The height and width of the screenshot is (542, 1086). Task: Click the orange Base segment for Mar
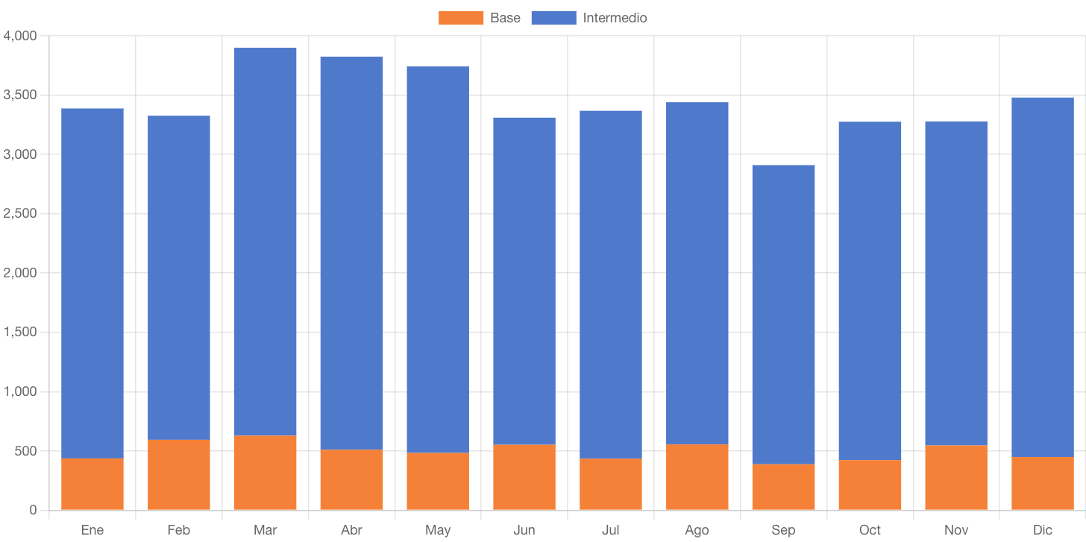tap(265, 473)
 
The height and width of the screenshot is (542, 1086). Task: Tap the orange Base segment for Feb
tap(179, 475)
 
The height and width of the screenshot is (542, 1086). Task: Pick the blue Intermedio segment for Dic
tap(1043, 277)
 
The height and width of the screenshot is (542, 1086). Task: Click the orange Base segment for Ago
tap(697, 477)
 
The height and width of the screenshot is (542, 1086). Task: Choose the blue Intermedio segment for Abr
tap(351, 253)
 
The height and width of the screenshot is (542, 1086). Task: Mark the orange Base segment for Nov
tap(956, 478)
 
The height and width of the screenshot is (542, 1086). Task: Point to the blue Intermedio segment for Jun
tap(524, 281)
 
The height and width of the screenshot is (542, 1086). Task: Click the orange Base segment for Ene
tap(92, 484)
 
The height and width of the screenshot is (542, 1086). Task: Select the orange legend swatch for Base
tap(461, 18)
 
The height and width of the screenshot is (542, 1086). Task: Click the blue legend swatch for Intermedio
tap(553, 18)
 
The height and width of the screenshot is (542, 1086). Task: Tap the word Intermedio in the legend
tap(615, 18)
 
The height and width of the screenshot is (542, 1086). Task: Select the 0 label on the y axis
tap(33, 511)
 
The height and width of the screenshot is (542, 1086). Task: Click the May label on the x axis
tap(438, 530)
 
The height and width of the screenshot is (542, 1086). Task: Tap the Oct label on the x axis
tap(870, 530)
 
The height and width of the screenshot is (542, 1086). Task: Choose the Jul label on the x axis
tap(610, 530)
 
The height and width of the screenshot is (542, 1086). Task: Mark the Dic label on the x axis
tap(1043, 530)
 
